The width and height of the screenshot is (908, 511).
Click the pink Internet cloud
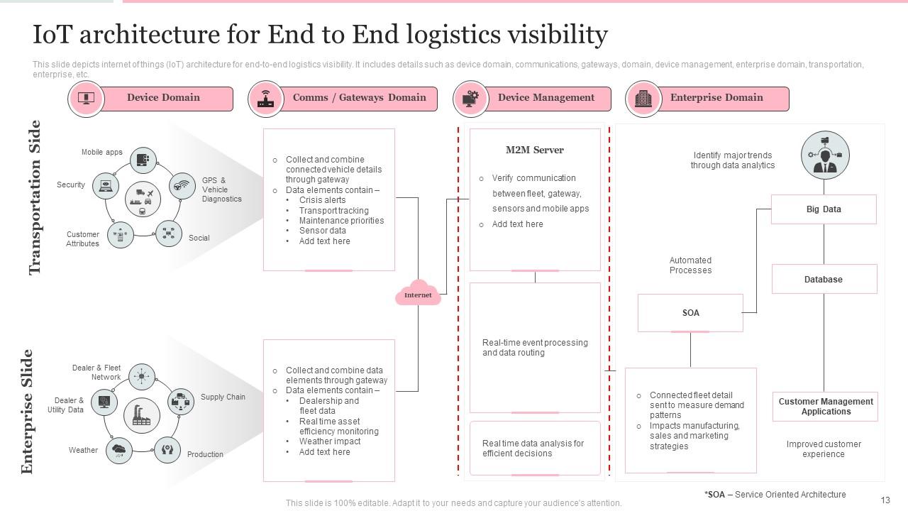(x=418, y=293)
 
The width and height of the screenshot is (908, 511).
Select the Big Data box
(x=824, y=209)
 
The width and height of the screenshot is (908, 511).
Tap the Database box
(x=824, y=280)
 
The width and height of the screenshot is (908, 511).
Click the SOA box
(x=690, y=313)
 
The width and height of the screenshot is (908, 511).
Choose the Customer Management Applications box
(x=826, y=407)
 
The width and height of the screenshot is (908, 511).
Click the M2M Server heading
(x=535, y=150)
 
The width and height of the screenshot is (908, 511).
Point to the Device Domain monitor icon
(x=86, y=99)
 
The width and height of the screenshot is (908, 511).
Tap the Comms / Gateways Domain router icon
(x=266, y=99)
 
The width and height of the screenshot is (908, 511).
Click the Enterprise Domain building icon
(x=643, y=99)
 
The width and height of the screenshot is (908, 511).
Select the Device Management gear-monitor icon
(x=470, y=99)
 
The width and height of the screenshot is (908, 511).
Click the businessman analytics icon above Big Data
(x=824, y=155)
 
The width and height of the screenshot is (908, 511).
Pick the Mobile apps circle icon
(x=144, y=160)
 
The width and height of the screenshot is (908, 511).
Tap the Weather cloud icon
(x=118, y=450)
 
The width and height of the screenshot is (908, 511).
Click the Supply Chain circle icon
(x=181, y=401)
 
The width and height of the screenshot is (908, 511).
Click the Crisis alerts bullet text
(x=322, y=200)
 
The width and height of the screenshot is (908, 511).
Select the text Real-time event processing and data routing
(x=535, y=348)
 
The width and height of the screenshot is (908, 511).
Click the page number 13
(x=885, y=500)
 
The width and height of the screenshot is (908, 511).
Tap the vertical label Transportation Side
(x=35, y=197)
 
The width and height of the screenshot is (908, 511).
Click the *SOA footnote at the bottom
(x=775, y=495)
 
